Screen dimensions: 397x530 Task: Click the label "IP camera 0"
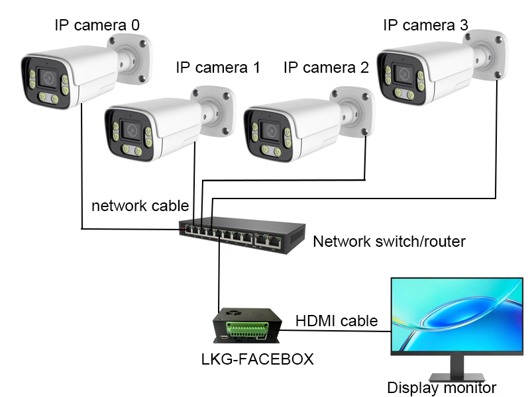pyautogui.click(x=97, y=25)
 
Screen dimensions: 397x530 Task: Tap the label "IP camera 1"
pyautogui.click(x=218, y=67)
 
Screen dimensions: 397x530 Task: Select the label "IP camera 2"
pyautogui.click(x=325, y=67)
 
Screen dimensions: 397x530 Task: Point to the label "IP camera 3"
pyautogui.click(x=425, y=25)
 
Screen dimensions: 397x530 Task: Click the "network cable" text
pyautogui.click(x=140, y=205)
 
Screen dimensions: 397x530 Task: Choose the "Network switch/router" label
pyautogui.click(x=389, y=241)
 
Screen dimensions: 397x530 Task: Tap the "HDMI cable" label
pyautogui.click(x=337, y=321)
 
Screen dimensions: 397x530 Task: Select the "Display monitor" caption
pyautogui.click(x=441, y=388)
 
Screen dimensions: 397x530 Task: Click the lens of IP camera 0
pyautogui.click(x=48, y=77)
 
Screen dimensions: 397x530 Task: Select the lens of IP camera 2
pyautogui.click(x=270, y=130)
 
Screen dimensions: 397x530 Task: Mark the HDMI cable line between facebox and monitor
pyautogui.click(x=338, y=330)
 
